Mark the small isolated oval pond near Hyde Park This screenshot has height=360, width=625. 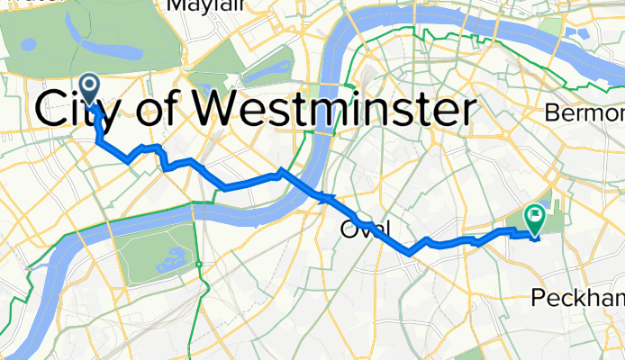tap(29, 43)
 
